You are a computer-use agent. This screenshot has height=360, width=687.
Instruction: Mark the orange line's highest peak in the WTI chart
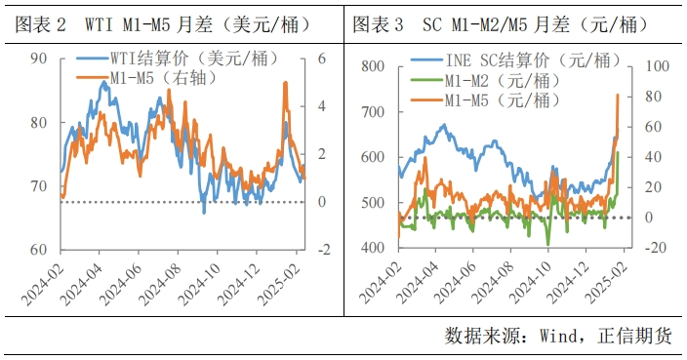(x=285, y=83)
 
